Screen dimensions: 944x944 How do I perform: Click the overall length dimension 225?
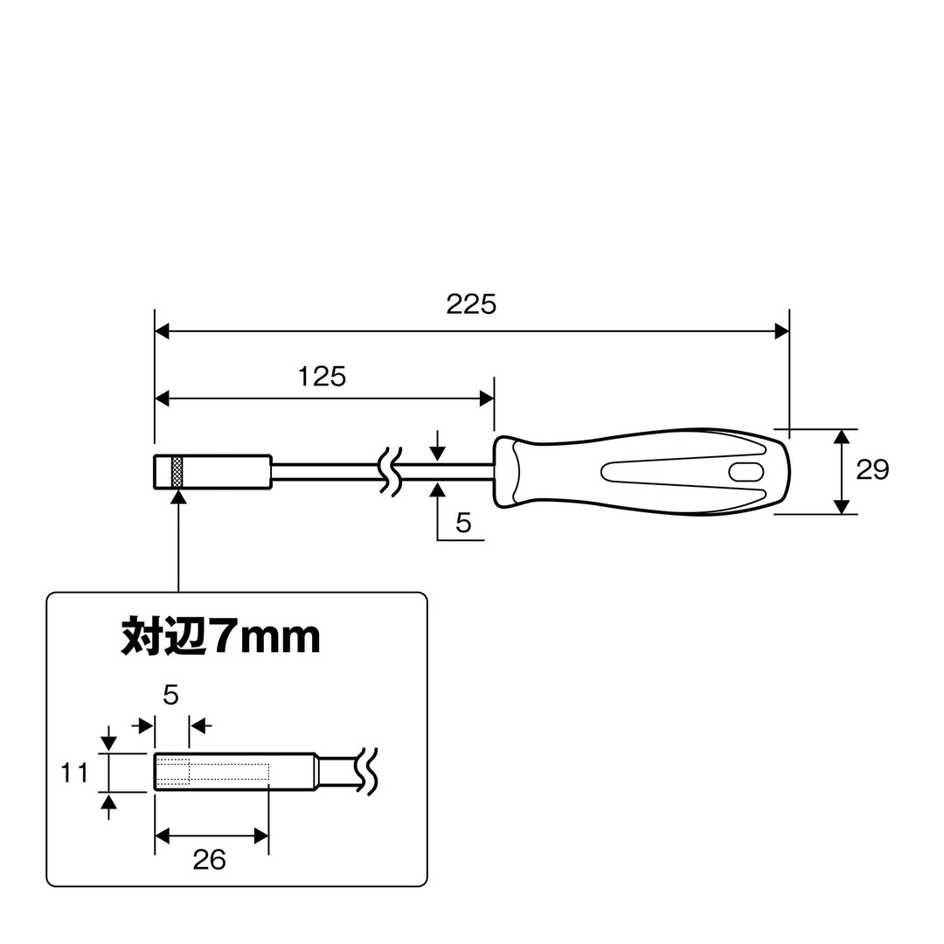(x=471, y=304)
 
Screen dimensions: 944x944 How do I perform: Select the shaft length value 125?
(x=322, y=376)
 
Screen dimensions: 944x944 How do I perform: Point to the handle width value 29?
(x=872, y=469)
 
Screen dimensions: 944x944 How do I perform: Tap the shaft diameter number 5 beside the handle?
(x=463, y=523)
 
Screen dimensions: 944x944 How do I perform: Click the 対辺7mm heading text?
(x=220, y=635)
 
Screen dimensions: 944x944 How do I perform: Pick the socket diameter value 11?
(x=74, y=773)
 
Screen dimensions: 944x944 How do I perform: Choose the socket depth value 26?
(x=209, y=860)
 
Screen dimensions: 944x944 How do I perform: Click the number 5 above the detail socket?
(x=171, y=696)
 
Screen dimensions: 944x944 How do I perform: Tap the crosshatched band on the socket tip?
(x=177, y=471)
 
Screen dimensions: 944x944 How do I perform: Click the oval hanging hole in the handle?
(x=746, y=471)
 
